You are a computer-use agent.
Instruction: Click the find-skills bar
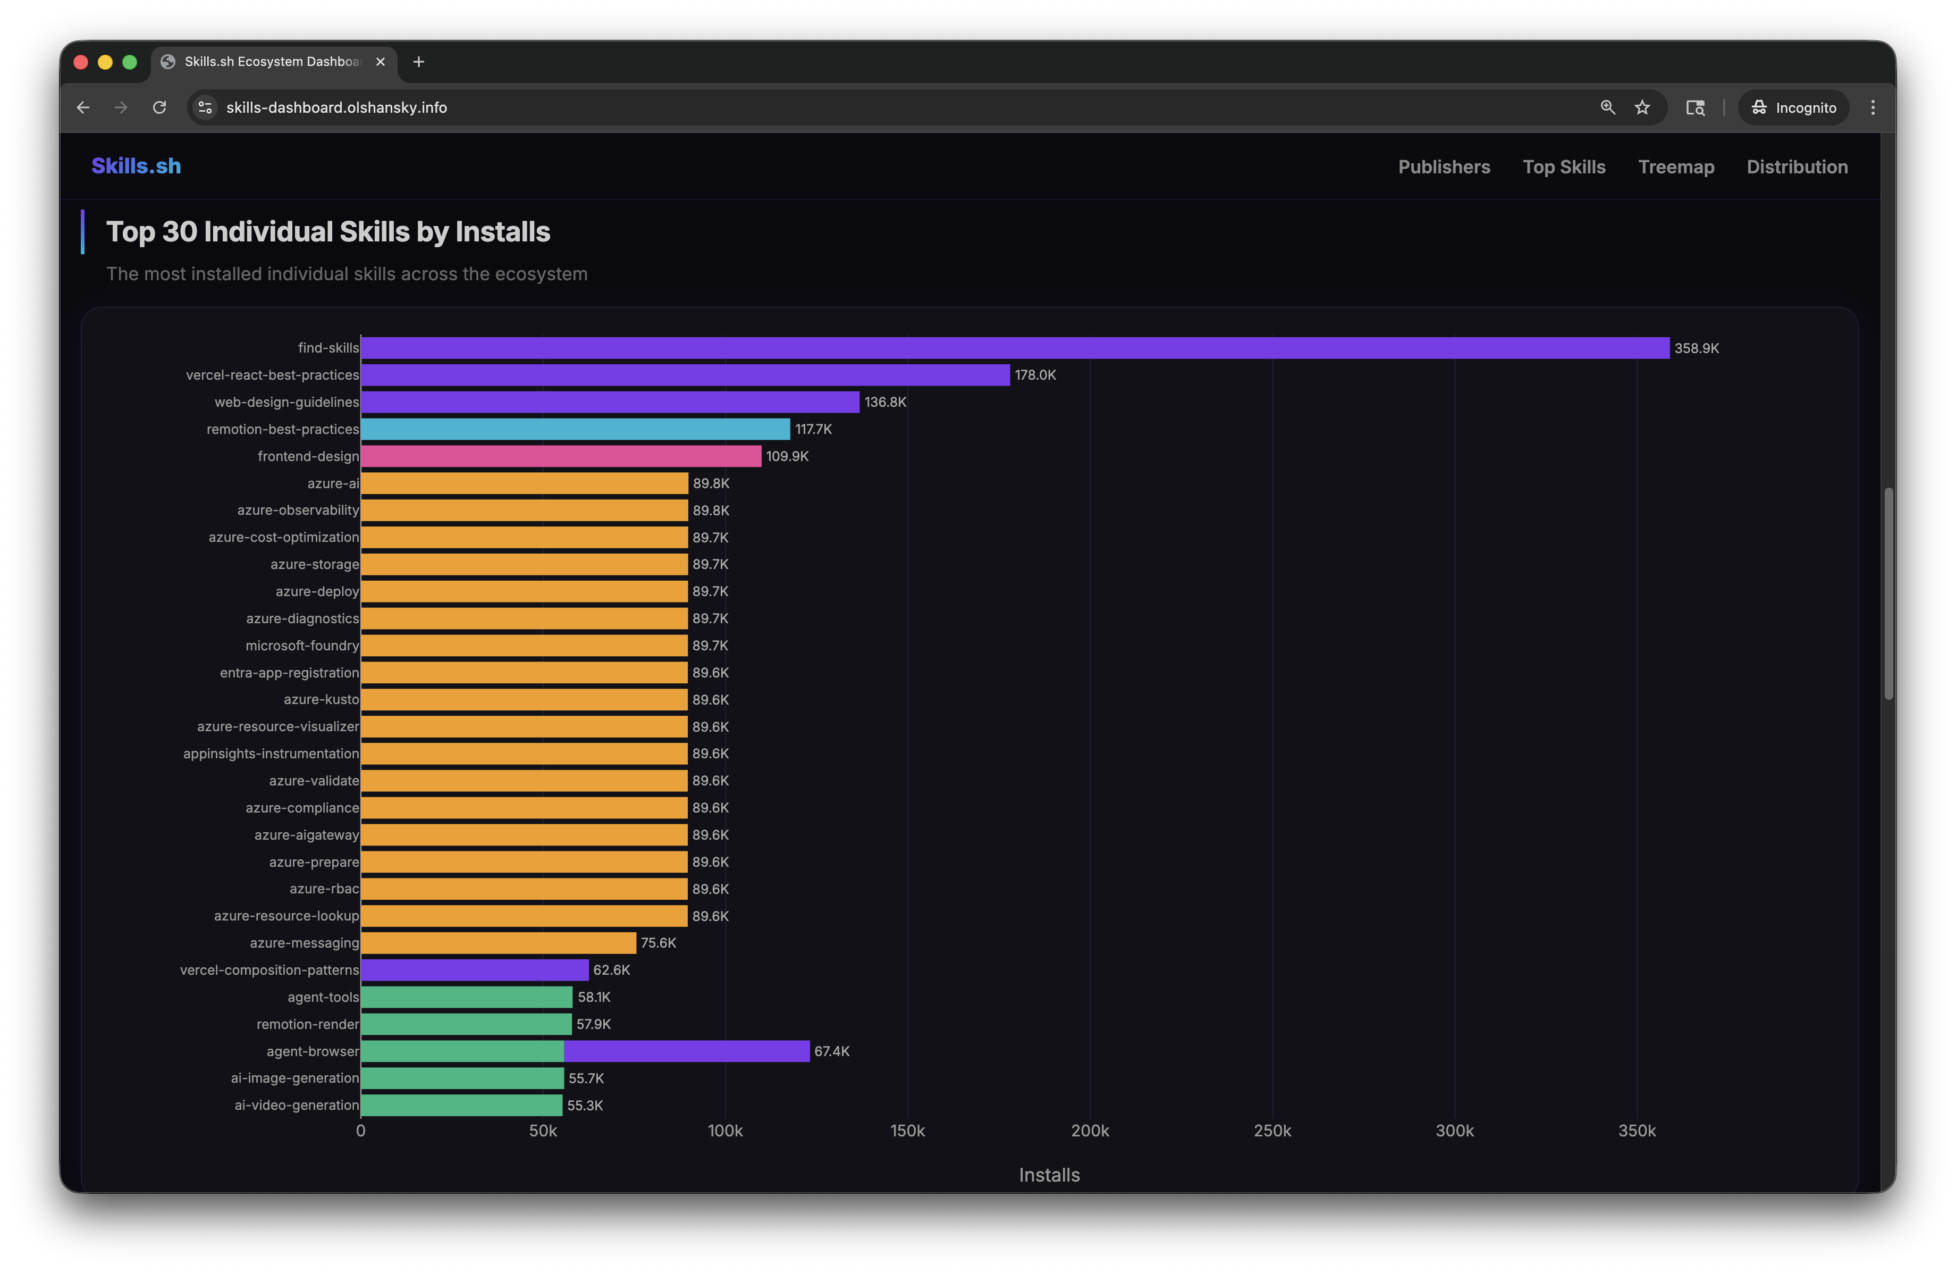tap(1015, 348)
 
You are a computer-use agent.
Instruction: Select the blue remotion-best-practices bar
tap(575, 429)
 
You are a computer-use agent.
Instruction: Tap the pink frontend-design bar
tap(561, 456)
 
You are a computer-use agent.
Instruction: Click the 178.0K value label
tap(1035, 375)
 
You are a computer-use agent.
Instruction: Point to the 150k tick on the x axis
tap(907, 1131)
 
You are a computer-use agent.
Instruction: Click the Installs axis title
tap(1049, 1175)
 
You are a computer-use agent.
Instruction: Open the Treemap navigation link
tap(1676, 167)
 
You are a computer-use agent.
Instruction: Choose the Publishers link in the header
tap(1443, 167)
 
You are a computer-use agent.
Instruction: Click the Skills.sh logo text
tap(136, 166)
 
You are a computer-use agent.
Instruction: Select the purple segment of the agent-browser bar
tap(686, 1051)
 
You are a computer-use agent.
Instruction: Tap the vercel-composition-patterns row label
tap(269, 970)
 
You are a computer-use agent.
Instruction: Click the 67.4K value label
tap(832, 1051)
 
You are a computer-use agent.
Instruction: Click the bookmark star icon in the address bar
tap(1641, 108)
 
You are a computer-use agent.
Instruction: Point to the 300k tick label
tap(1454, 1131)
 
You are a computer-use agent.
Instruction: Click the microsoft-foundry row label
tap(301, 646)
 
